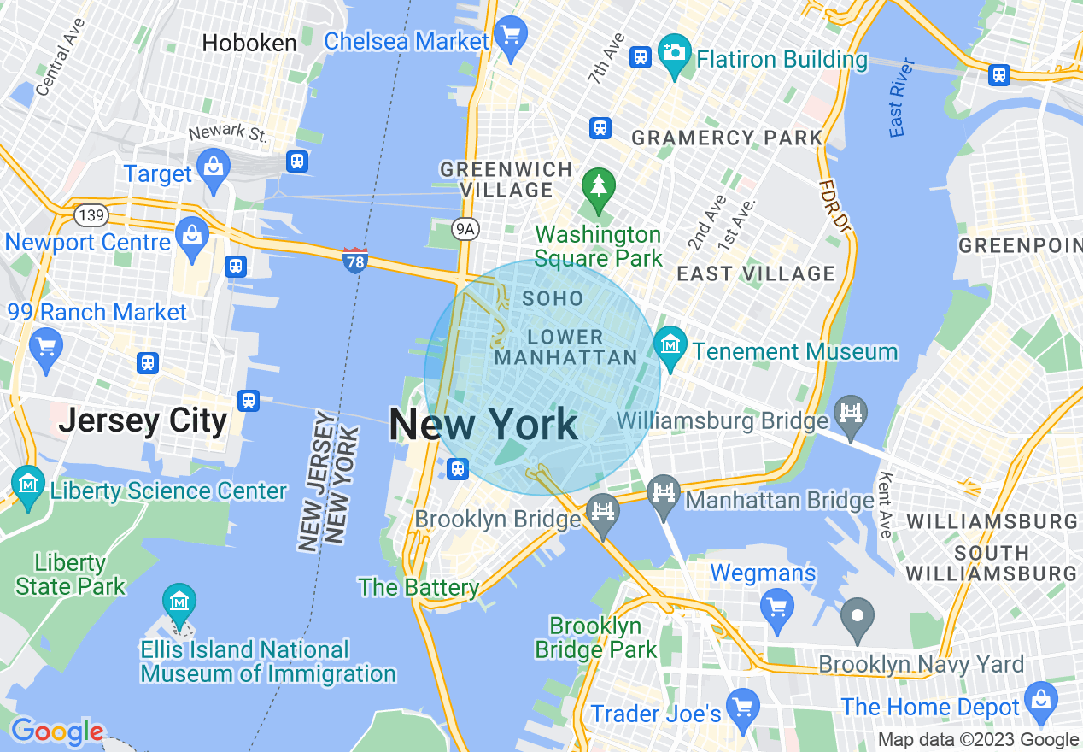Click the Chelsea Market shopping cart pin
tap(512, 37)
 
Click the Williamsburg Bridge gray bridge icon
tap(852, 414)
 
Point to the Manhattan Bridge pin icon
tap(664, 495)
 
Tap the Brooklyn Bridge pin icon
tap(603, 514)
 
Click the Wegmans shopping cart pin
tap(776, 608)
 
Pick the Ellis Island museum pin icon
tap(179, 602)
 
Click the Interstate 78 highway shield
tap(354, 261)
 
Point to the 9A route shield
tap(463, 228)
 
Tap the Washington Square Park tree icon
tap(599, 186)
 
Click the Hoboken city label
tap(249, 44)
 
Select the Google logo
tap(57, 731)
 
